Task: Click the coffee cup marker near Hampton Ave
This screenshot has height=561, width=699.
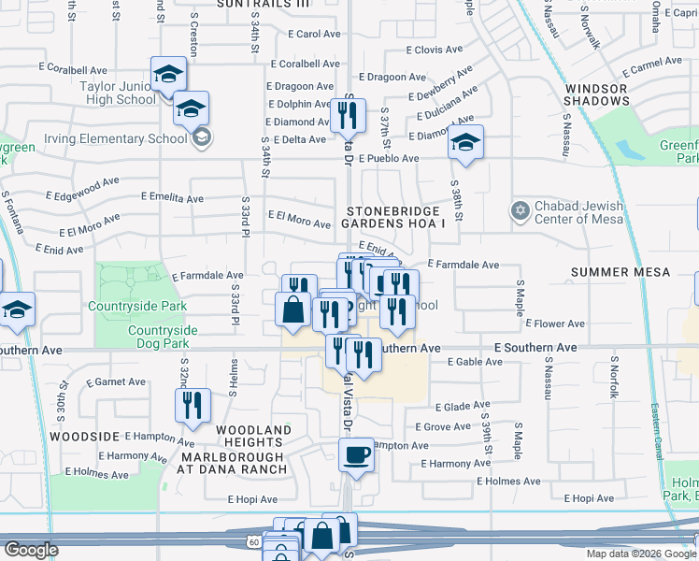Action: pyautogui.click(x=355, y=457)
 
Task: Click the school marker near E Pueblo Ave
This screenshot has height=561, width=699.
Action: pyautogui.click(x=465, y=143)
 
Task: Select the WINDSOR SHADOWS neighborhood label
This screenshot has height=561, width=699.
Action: pyautogui.click(x=596, y=94)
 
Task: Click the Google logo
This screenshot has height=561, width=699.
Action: pyautogui.click(x=30, y=550)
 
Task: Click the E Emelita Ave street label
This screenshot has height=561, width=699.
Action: pyautogui.click(x=172, y=198)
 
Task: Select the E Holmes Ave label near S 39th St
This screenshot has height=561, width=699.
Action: pyautogui.click(x=508, y=482)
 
